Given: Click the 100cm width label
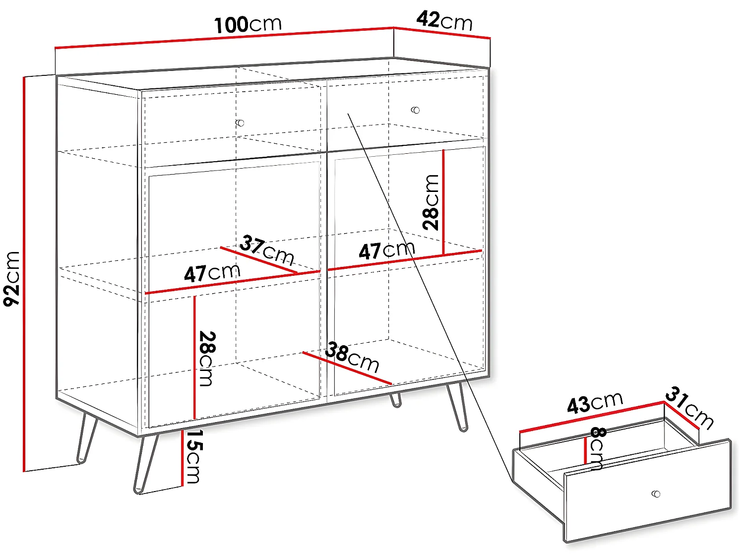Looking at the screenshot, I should coord(248,24).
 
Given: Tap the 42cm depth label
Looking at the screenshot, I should coord(444,21).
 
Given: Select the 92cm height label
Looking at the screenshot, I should coord(12,278).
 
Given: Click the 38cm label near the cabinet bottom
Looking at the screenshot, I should coord(352,356).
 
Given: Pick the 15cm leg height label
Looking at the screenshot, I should coord(193,456).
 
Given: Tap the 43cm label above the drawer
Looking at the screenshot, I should coord(595,403).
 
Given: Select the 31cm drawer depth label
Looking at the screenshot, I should coord(689,407).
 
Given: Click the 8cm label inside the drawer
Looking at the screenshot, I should coord(597,448).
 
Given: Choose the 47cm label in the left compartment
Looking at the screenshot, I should coord(212,273).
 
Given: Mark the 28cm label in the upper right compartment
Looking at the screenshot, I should coord(431,202).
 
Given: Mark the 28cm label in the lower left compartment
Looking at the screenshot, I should coord(207,358).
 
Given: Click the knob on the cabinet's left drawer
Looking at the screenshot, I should coord(241,123).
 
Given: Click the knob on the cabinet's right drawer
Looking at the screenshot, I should coord(416,110).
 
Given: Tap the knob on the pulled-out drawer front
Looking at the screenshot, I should coord(656,494).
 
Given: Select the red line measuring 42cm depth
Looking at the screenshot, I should coord(442,32).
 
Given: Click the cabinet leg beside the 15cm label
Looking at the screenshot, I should coord(146,464).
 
